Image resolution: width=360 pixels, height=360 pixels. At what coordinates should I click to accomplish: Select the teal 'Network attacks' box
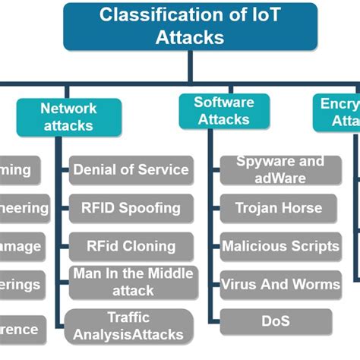pyautogui.click(x=68, y=117)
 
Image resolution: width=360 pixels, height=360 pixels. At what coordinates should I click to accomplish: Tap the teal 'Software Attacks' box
pyautogui.click(x=223, y=110)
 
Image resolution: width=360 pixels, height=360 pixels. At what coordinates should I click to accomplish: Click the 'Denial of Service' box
pyautogui.click(x=131, y=170)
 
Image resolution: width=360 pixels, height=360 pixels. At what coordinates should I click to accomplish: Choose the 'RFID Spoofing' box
pyautogui.click(x=131, y=207)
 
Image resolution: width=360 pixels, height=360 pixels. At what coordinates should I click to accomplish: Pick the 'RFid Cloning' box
pyautogui.click(x=131, y=246)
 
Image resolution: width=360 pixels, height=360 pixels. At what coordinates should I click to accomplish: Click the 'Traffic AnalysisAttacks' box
pyautogui.click(x=128, y=327)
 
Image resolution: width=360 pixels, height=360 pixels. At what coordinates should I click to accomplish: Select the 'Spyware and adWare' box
pyautogui.click(x=279, y=170)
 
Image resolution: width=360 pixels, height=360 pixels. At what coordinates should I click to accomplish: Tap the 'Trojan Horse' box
pyautogui.click(x=278, y=207)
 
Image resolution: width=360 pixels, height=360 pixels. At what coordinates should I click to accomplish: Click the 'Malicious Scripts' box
pyautogui.click(x=279, y=246)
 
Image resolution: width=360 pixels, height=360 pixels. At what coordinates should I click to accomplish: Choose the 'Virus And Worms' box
pyautogui.click(x=279, y=285)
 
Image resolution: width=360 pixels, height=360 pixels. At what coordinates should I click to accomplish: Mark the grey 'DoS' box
pyautogui.click(x=275, y=322)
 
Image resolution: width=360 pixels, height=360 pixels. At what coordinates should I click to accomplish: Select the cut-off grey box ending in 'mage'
pyautogui.click(x=21, y=247)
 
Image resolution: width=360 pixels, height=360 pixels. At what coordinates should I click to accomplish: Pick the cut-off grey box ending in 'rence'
pyautogui.click(x=23, y=330)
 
